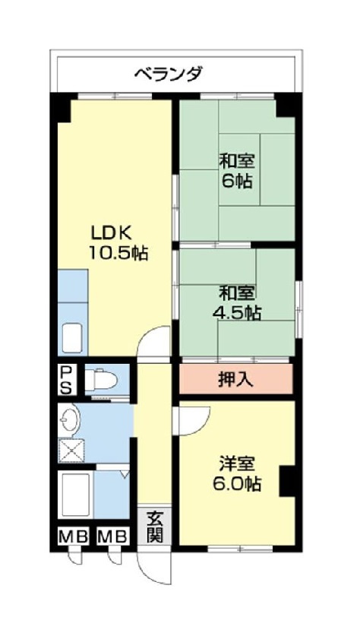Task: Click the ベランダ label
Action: click(x=169, y=74)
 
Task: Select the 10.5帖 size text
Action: click(x=118, y=253)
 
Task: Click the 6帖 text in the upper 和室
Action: click(x=238, y=182)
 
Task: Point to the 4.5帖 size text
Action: click(x=237, y=312)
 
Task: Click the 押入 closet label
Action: click(x=235, y=379)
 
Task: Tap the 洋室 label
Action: click(x=237, y=463)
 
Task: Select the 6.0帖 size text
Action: click(x=237, y=484)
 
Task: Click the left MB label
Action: click(x=73, y=536)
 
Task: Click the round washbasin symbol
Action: click(x=71, y=419)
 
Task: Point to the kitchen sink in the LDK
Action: click(x=73, y=337)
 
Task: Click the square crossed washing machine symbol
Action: click(x=72, y=451)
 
